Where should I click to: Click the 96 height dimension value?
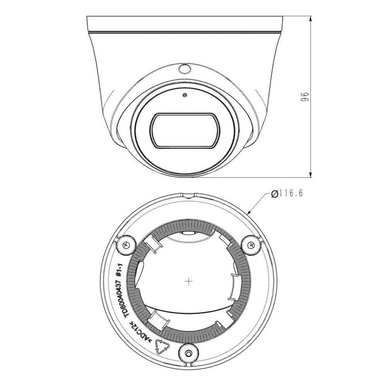click(x=304, y=97)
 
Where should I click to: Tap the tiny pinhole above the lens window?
click(x=185, y=94)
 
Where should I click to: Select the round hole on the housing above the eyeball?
click(x=185, y=69)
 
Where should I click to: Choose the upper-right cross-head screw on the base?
click(x=251, y=244)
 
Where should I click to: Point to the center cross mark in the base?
click(x=188, y=281)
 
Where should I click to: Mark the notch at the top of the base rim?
click(x=188, y=196)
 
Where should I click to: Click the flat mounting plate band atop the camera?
click(x=185, y=24)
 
